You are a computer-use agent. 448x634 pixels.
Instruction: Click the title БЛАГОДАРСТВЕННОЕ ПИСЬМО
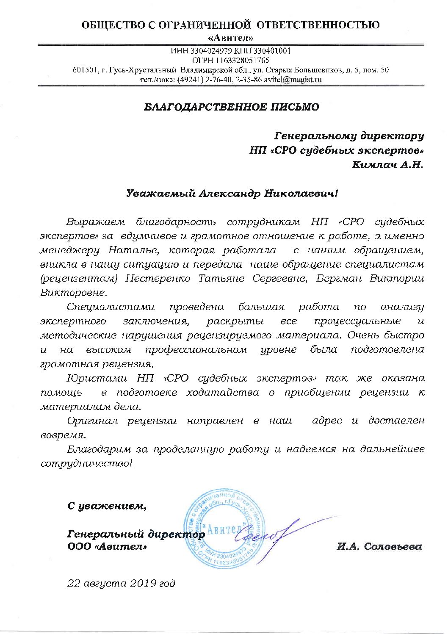pyautogui.click(x=231, y=107)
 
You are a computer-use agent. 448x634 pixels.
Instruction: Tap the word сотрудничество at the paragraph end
pyautogui.click(x=86, y=464)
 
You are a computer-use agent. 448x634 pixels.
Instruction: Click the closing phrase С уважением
pyautogui.click(x=108, y=506)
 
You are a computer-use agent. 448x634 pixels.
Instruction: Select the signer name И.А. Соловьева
pyautogui.click(x=380, y=547)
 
